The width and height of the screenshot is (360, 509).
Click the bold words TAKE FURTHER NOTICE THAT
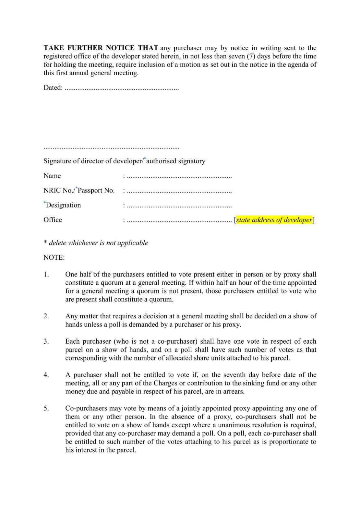click(101, 48)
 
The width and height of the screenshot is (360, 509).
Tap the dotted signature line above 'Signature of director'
click(111, 148)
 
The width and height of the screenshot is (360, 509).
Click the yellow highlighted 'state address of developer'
click(274, 220)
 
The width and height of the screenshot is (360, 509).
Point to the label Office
click(53, 220)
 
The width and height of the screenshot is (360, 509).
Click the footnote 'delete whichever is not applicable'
click(98, 243)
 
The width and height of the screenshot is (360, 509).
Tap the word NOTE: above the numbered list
click(54, 258)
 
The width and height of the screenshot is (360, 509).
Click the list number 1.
click(46, 275)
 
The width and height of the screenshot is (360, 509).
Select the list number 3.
click(46, 341)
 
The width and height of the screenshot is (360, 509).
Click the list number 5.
click(46, 408)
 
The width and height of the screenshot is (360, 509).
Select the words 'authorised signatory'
click(176, 161)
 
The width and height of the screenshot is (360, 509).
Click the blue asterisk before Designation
click(45, 203)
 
